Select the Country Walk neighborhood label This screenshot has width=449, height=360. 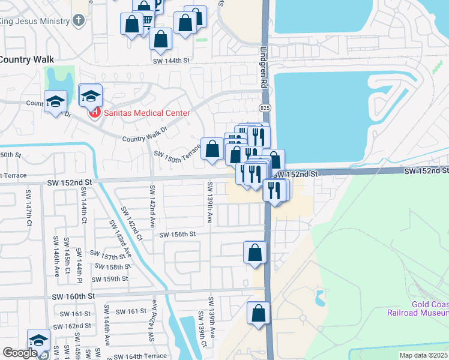click(27, 60)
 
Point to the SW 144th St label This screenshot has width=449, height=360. click(171, 61)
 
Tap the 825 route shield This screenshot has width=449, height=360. click(265, 107)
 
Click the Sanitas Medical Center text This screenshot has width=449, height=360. click(146, 113)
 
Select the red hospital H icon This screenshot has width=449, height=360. click(94, 112)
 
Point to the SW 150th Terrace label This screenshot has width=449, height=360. click(177, 154)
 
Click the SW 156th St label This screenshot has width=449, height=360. click(178, 235)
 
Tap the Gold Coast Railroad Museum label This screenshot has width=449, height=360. click(430, 308)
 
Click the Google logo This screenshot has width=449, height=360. click(19, 353)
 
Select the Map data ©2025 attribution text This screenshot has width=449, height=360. click(423, 355)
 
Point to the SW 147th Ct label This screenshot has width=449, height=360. click(28, 206)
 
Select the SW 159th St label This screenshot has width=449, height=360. click(110, 279)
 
